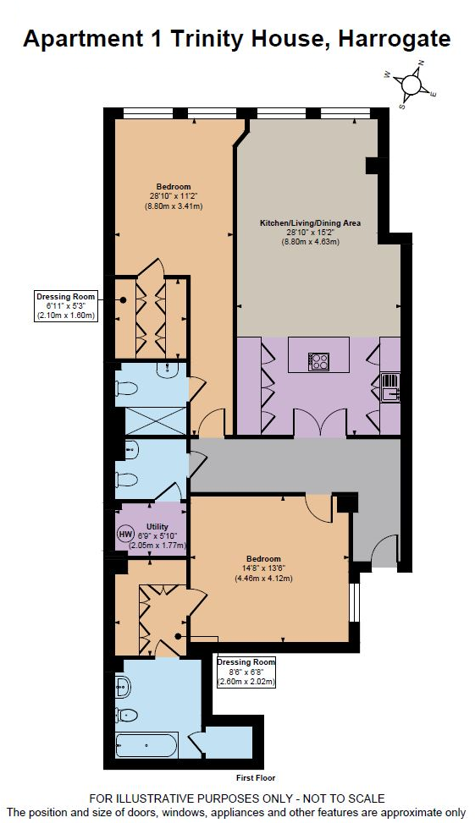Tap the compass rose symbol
tap(411, 84)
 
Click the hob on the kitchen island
tap(320, 361)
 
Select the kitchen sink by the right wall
tap(389, 387)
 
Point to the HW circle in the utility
tap(125, 535)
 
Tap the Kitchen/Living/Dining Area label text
tap(310, 223)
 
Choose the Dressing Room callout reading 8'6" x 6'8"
tap(246, 671)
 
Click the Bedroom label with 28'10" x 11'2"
tap(173, 196)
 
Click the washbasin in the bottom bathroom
tap(122, 685)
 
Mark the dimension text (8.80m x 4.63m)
tap(310, 242)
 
